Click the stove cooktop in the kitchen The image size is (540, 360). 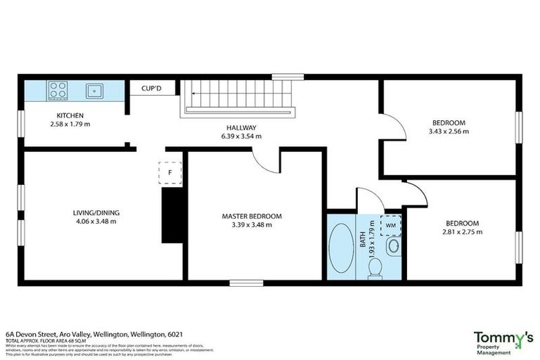(58, 91)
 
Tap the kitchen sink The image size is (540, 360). (94, 91)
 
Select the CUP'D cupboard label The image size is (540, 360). (153, 89)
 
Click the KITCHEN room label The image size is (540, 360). (70, 115)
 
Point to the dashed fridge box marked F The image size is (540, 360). (169, 172)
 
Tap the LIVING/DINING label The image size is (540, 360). (94, 212)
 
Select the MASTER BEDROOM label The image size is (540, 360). (251, 216)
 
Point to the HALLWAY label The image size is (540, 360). (240, 127)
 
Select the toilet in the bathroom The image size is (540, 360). (375, 266)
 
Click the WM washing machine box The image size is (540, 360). (390, 225)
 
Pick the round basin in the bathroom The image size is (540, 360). (394, 246)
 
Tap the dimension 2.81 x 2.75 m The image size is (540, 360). (462, 232)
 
